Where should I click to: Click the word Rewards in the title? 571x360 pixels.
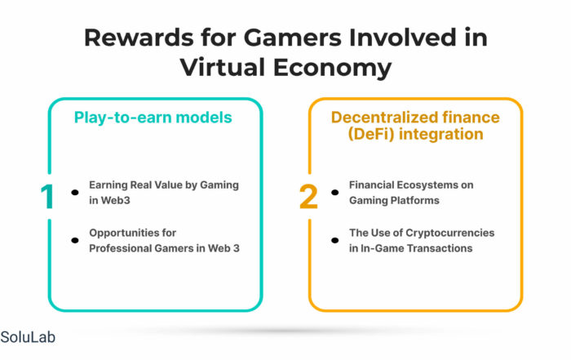[x=139, y=38]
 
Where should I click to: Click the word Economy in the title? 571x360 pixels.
[x=333, y=69]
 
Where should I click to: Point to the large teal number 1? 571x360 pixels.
[x=47, y=197]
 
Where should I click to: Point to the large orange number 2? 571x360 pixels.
[x=308, y=197]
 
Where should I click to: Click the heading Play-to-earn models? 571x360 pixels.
[x=153, y=118]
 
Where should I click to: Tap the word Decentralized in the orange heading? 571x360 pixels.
[x=383, y=118]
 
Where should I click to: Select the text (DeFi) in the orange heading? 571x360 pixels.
[x=371, y=134]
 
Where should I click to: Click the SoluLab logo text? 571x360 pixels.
[x=28, y=337]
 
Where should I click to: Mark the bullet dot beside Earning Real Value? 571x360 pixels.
[x=75, y=193]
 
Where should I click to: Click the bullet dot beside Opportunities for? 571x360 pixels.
[x=75, y=240]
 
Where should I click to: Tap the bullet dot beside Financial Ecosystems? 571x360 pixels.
[x=335, y=193]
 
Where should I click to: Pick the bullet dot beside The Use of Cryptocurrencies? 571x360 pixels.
[x=335, y=240]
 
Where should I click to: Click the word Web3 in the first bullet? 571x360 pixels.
[x=116, y=200]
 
